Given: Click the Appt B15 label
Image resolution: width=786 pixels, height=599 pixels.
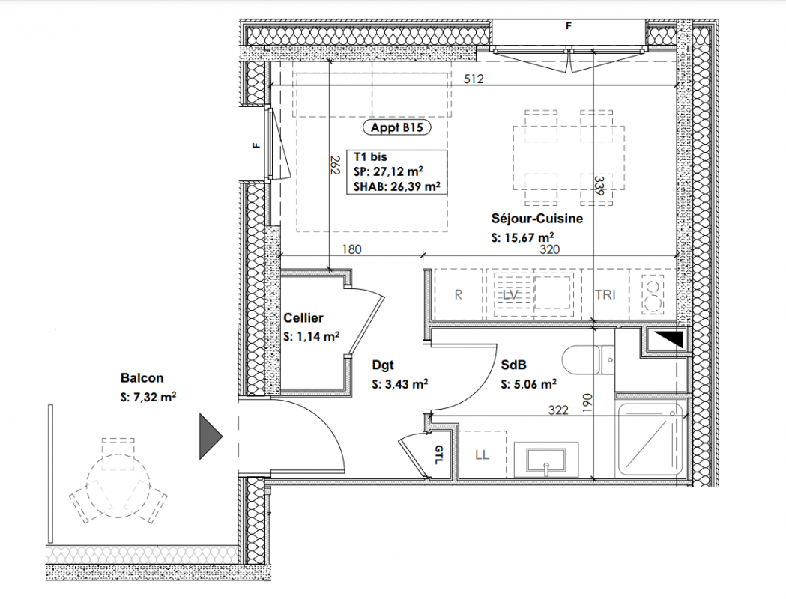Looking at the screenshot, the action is click(x=396, y=127).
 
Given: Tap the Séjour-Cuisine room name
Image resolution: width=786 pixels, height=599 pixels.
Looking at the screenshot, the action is click(x=537, y=219).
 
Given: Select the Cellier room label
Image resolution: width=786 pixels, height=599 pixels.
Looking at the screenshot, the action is click(x=303, y=317).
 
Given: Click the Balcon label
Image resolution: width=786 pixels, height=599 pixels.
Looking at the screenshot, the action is click(x=142, y=377).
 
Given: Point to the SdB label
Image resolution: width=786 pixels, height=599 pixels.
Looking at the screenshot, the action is click(x=513, y=365).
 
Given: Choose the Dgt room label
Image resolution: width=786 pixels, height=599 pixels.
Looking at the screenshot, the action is click(x=382, y=365).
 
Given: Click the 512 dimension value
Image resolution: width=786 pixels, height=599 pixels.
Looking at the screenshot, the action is click(x=474, y=79).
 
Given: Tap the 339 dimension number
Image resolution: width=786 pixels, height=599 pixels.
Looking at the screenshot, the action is click(x=599, y=185).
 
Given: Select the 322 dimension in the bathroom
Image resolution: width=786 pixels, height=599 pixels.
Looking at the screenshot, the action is click(x=558, y=410).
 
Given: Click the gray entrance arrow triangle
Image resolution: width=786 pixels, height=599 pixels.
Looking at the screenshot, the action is click(x=211, y=436).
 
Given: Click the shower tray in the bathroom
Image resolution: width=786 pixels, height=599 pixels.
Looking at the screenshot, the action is click(x=650, y=440).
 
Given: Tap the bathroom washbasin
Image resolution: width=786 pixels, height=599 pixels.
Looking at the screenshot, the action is click(x=545, y=460).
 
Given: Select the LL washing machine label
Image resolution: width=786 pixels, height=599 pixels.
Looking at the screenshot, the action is click(x=482, y=454).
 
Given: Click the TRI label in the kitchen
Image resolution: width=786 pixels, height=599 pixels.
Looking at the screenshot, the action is click(x=605, y=294).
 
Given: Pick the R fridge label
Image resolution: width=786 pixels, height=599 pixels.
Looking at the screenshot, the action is click(x=458, y=294).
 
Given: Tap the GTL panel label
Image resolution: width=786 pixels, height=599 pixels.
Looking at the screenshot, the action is click(x=438, y=454).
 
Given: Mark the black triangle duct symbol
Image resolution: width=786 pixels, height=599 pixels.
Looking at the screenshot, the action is click(x=670, y=340).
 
